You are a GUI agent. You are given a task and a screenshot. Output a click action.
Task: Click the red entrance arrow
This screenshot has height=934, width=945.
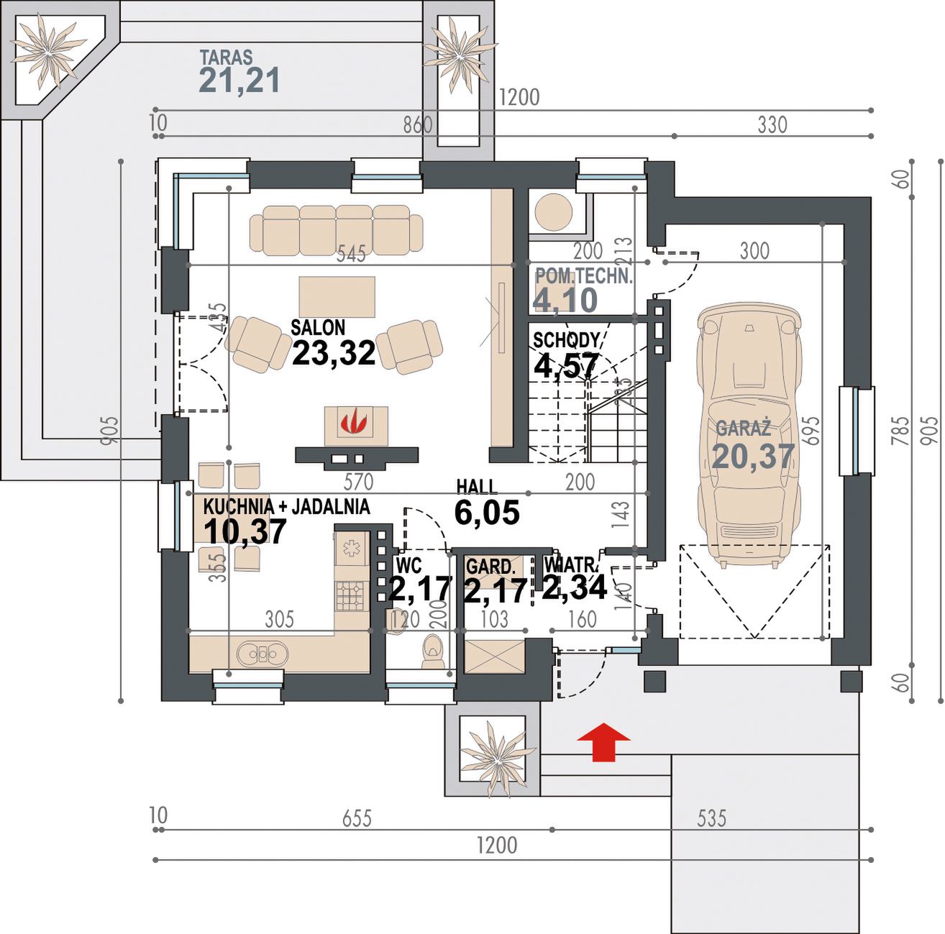[603, 742]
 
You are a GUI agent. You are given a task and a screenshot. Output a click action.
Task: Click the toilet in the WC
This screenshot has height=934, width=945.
[432, 651]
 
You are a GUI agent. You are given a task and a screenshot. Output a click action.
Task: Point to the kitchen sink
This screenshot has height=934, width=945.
[262, 654]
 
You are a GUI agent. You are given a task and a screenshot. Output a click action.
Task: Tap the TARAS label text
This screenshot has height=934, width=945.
[226, 58]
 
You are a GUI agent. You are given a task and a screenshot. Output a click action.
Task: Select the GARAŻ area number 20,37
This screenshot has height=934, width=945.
[753, 457]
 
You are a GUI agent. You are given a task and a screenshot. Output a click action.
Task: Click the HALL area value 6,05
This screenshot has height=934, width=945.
[487, 513]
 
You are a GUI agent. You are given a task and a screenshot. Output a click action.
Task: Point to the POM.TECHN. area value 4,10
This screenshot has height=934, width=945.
[565, 300]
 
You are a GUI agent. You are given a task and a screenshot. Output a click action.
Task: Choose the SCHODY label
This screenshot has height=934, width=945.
[567, 340]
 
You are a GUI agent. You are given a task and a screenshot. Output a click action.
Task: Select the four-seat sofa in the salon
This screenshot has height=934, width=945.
[337, 230]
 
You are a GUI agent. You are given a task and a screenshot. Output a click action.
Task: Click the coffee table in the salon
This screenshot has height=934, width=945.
[337, 297]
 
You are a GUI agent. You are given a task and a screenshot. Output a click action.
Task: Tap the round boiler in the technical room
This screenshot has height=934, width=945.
[554, 213]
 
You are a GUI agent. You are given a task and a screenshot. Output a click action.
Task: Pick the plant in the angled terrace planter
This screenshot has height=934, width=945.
[47, 53]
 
